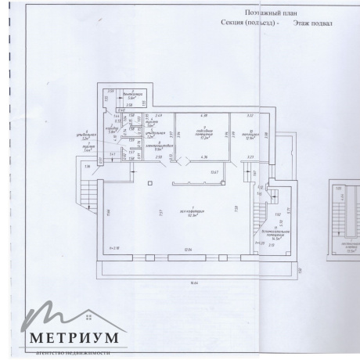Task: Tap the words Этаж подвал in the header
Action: click(x=313, y=23)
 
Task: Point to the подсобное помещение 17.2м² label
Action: click(x=201, y=133)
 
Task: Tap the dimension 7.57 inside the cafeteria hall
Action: click(x=159, y=213)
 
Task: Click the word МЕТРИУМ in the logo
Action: click(x=75, y=338)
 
